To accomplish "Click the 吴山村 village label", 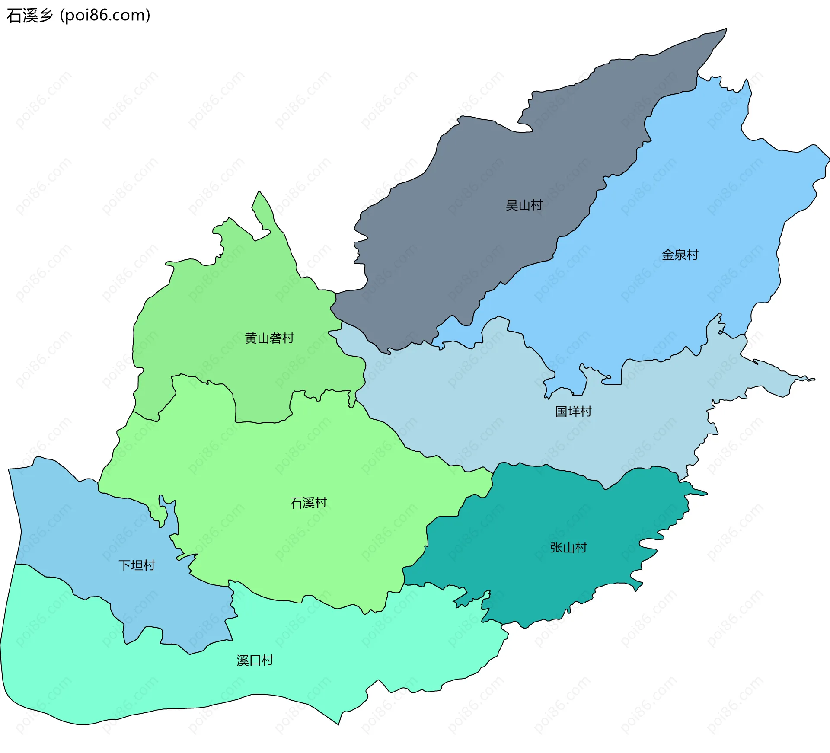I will [x=524, y=205].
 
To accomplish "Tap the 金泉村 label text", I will [x=680, y=255].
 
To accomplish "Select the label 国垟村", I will [x=573, y=412].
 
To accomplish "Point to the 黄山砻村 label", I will [x=269, y=338].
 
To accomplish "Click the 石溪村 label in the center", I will [x=308, y=503].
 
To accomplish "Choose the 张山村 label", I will [x=568, y=548].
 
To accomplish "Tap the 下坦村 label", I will [x=137, y=565].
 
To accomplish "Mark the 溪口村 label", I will [x=255, y=660].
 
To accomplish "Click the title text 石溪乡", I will [x=30, y=16].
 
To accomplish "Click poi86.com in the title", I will [x=105, y=16].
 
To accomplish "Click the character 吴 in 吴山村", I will [x=512, y=205].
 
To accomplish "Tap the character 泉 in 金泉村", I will [x=680, y=255].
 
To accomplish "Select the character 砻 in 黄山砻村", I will [x=275, y=338].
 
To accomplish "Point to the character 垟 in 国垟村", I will [x=573, y=412].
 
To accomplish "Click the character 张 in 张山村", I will [x=556, y=548].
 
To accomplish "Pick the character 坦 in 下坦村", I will [x=137, y=565].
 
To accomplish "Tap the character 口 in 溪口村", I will [x=255, y=660].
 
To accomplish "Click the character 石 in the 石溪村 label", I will [x=296, y=503].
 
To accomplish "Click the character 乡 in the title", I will [x=45, y=16].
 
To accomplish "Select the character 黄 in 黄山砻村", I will [x=251, y=338].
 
